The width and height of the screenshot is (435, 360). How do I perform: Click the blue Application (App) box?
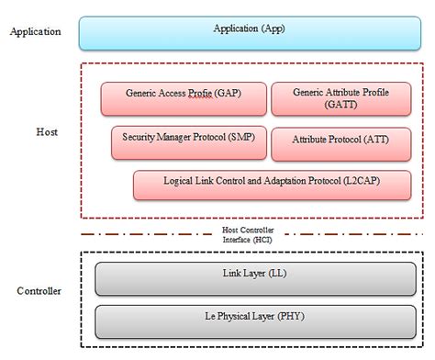(248, 31)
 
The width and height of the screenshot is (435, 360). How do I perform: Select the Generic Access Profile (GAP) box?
(184, 99)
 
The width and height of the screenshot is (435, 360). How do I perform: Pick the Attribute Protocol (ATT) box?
(340, 142)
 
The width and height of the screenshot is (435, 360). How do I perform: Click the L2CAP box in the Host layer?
(271, 184)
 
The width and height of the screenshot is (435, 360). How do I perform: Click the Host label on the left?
(47, 132)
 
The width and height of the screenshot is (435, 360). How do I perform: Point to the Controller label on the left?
(39, 291)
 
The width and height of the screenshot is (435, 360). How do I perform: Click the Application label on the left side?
(35, 31)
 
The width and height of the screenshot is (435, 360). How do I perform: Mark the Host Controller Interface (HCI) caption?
(248, 234)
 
